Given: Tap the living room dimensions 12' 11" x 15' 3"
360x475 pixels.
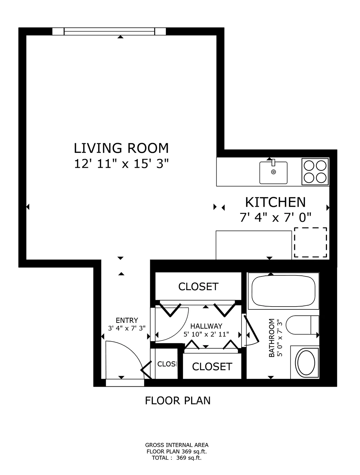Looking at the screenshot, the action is click(x=121, y=164).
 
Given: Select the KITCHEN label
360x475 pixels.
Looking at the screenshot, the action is click(x=275, y=202).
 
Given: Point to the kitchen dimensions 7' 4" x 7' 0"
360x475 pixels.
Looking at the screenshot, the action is click(x=275, y=217).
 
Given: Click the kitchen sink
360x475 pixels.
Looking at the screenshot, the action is click(x=273, y=172).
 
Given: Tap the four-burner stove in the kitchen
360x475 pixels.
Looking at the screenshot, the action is click(x=315, y=172).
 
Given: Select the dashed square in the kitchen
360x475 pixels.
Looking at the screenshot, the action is click(x=310, y=242).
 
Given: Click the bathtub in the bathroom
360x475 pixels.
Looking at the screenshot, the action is click(x=283, y=291).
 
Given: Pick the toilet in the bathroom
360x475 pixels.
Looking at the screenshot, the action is click(x=302, y=325).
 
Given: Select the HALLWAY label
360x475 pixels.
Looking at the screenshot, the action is click(x=206, y=326).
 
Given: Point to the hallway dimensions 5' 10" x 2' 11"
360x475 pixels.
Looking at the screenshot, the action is click(x=206, y=334).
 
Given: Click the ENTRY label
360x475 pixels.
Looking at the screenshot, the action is click(x=127, y=320).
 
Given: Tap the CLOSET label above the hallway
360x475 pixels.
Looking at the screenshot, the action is click(x=198, y=287).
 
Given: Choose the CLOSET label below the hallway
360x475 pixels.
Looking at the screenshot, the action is click(x=212, y=367).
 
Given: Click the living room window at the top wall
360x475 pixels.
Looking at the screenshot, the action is click(x=109, y=31).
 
